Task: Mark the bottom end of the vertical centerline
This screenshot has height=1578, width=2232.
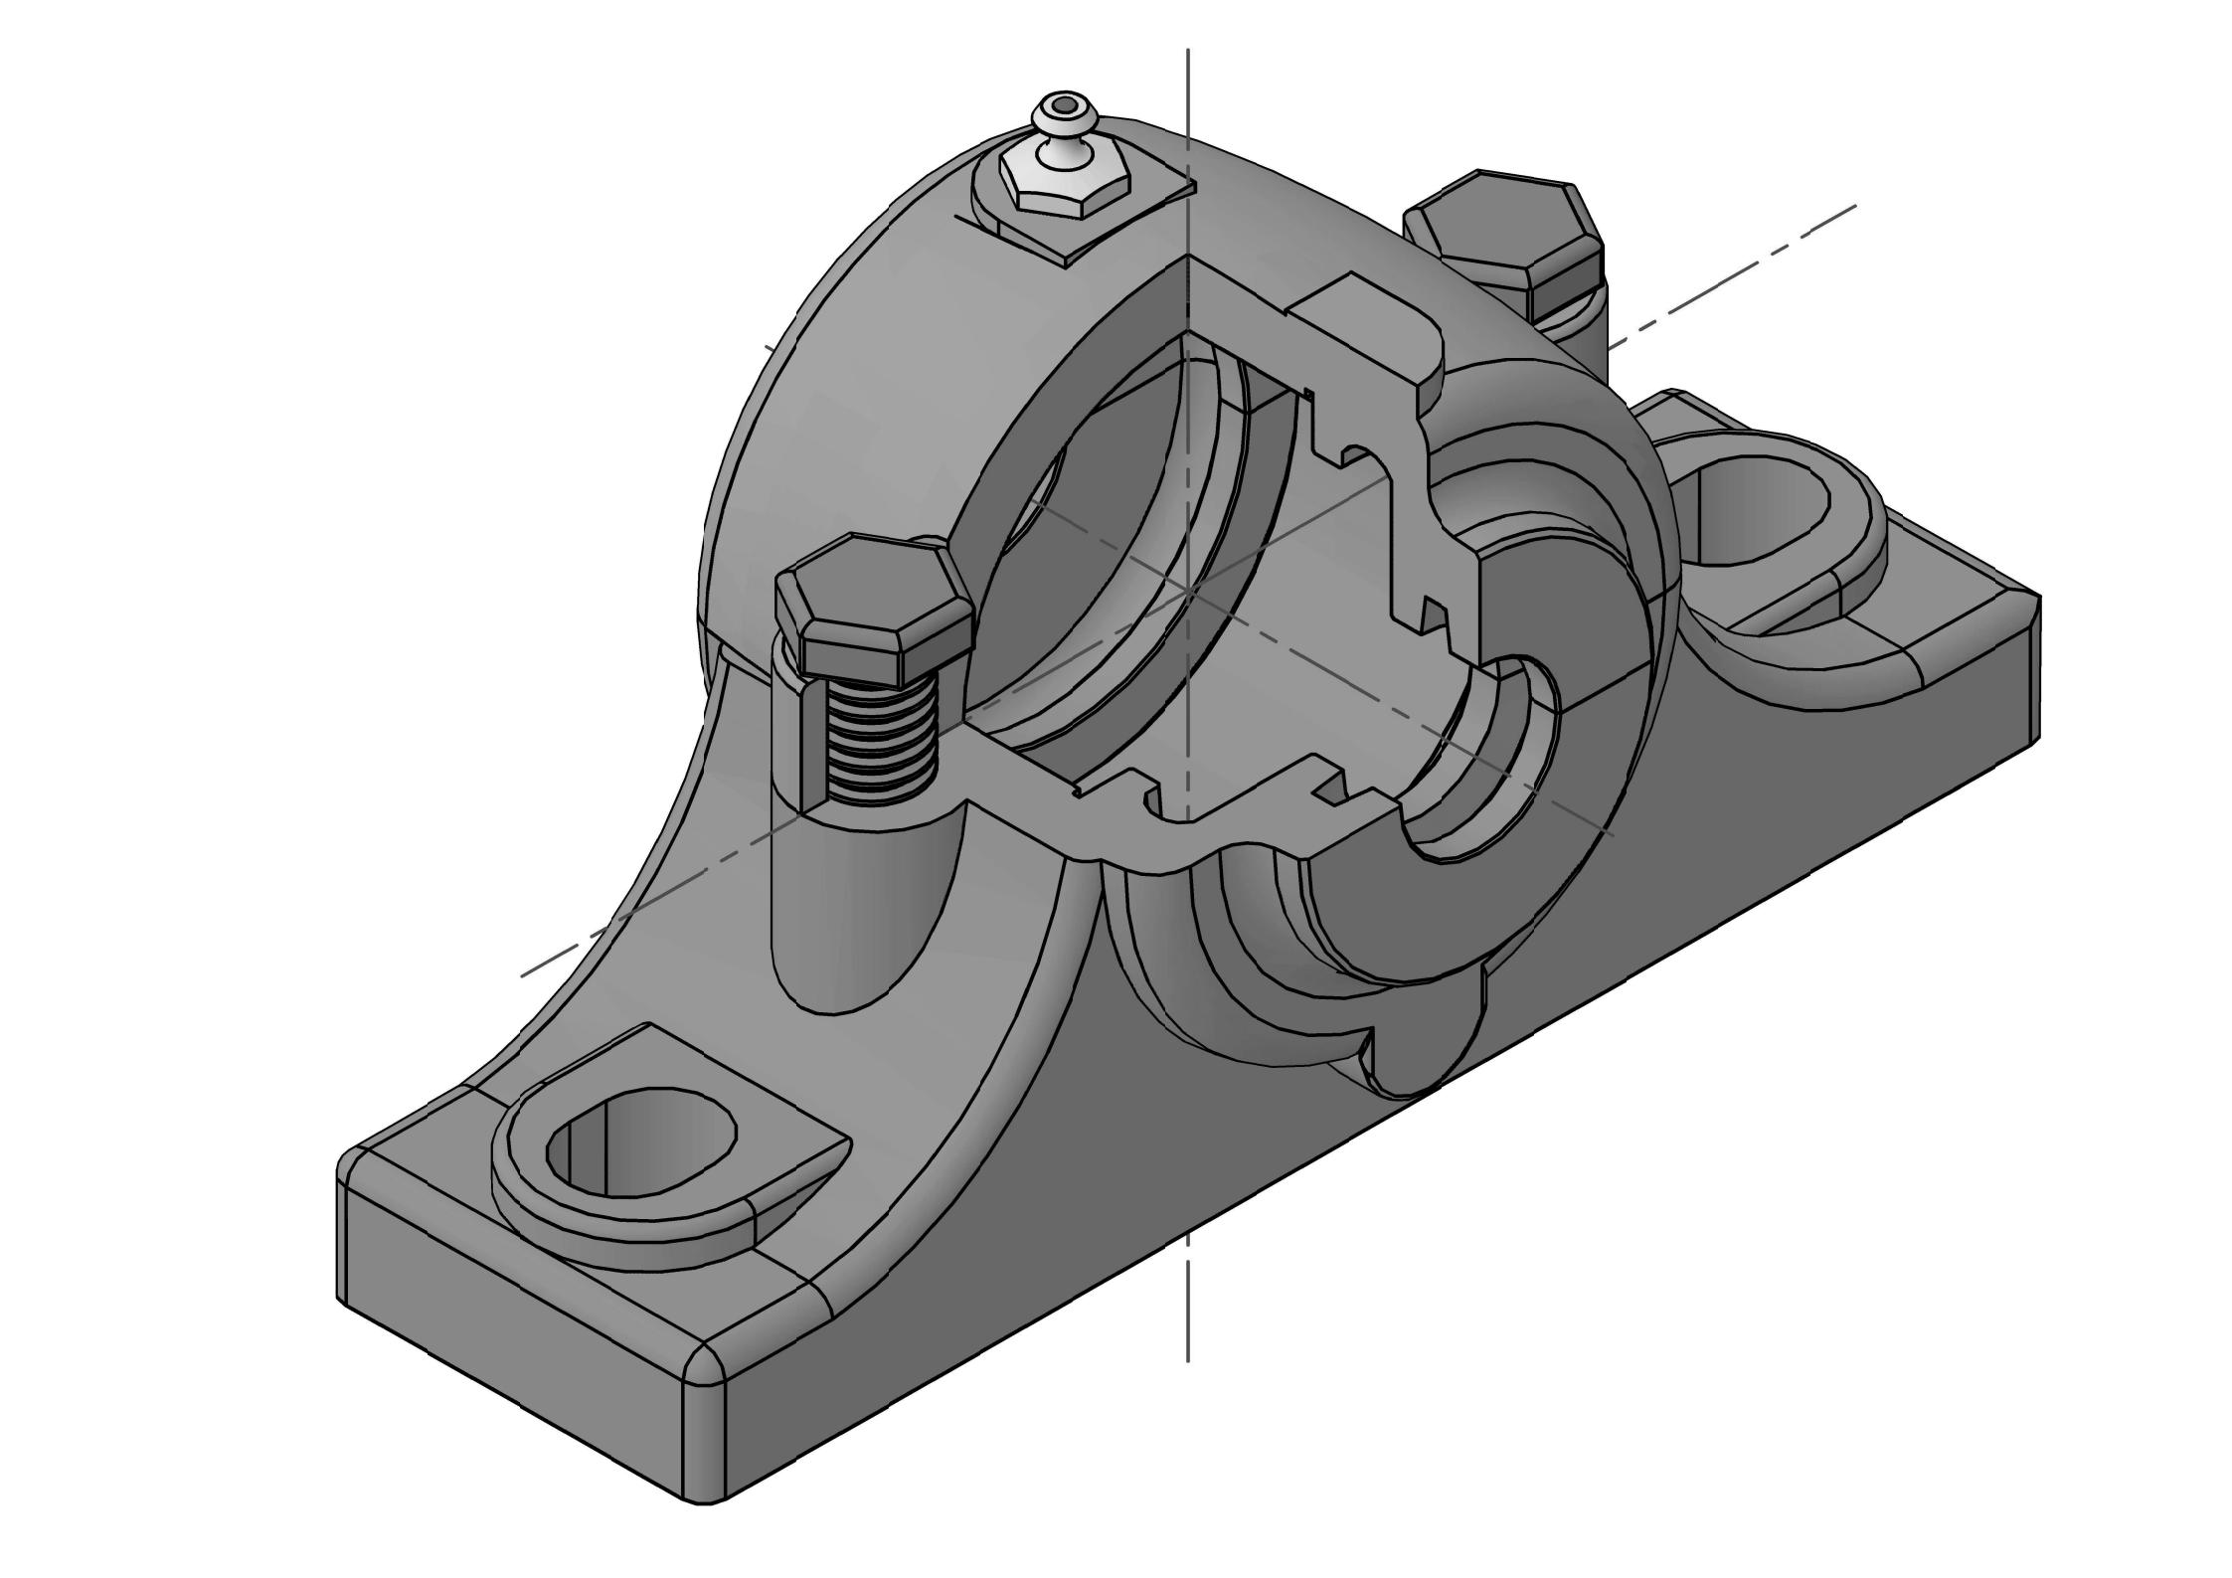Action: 1188,1358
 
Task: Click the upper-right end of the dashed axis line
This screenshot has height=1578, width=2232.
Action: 1854,207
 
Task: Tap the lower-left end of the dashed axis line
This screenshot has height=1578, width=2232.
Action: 524,974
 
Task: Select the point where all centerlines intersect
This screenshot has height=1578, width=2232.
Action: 1189,591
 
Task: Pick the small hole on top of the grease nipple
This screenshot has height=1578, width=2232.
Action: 1065,103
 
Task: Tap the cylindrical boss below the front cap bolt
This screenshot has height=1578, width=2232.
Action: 865,895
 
